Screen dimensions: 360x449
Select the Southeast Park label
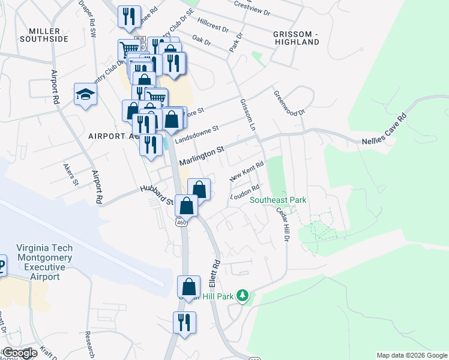(279, 200)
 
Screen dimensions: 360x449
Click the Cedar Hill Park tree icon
(243, 295)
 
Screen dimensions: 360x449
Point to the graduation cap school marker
(85, 94)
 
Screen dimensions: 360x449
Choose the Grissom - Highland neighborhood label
(296, 38)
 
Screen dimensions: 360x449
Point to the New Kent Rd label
(247, 172)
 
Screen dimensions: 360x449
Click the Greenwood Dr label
(289, 103)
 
